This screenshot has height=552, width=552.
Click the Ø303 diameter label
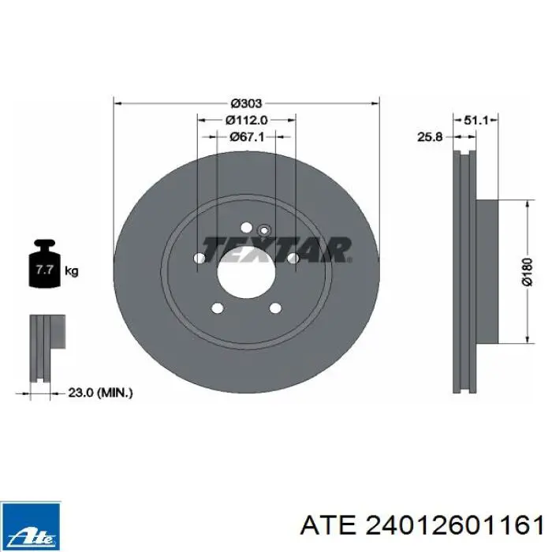(246, 103)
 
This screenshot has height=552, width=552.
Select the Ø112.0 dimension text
(246, 121)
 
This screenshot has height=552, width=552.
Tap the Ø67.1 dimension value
(246, 137)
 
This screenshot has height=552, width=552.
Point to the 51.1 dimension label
(476, 121)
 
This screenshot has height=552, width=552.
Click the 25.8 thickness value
(430, 136)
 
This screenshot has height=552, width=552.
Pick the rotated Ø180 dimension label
(528, 272)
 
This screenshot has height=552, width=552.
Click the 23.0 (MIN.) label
(100, 393)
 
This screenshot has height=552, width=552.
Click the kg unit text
(72, 271)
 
